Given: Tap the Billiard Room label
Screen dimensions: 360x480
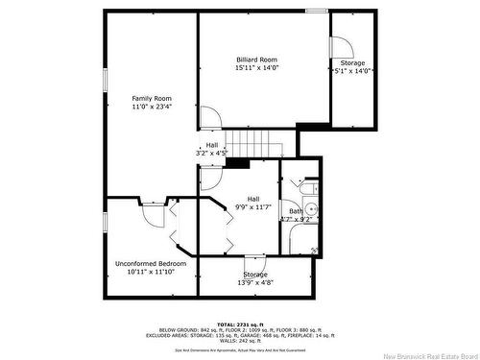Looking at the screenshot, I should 255,59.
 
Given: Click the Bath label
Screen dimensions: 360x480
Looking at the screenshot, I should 296,210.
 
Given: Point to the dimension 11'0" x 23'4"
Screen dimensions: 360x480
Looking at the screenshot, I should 152,108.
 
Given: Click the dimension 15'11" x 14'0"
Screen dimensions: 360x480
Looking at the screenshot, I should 255,68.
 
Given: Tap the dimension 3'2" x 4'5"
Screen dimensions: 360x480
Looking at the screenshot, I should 211,153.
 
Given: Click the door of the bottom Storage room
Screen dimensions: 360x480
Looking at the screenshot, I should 255,265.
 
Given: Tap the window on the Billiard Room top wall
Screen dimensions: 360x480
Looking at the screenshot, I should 316,11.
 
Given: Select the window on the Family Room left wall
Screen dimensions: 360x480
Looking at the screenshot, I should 105,82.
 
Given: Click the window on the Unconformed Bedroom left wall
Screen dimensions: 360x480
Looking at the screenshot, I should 105,222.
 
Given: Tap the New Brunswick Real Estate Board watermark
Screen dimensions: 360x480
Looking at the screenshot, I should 429,352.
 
